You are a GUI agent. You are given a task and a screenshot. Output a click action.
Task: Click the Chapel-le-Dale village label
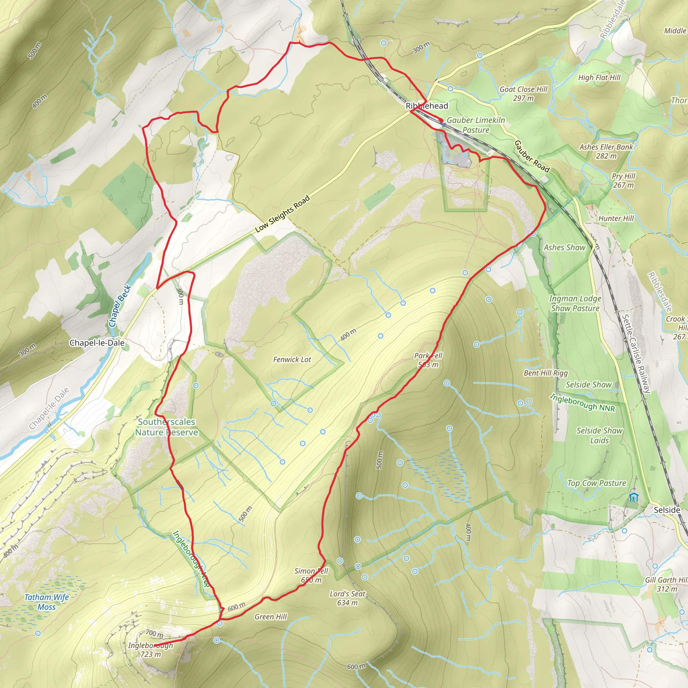click(x=97, y=343)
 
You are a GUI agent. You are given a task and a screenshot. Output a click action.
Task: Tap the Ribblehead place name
click(x=427, y=106)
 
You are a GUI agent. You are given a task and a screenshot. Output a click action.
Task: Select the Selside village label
click(x=666, y=510)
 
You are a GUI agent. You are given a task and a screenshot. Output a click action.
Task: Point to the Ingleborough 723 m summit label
click(x=150, y=650)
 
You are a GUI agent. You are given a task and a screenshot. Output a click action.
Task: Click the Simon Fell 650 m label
click(x=311, y=575)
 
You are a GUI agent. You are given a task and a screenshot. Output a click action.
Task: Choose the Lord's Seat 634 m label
click(x=347, y=598)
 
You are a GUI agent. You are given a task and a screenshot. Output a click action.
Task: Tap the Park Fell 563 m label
click(x=428, y=360)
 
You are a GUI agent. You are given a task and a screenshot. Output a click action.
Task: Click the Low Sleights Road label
click(x=283, y=214)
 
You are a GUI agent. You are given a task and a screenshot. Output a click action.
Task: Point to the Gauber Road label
click(x=532, y=156)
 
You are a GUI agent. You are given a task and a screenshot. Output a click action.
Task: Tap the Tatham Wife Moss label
click(x=47, y=602)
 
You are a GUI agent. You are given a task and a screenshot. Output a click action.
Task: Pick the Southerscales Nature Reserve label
click(x=167, y=427)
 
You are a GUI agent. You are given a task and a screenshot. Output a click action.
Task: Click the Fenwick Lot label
click(x=292, y=360)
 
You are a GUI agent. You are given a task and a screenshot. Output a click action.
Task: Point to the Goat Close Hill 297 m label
click(x=523, y=94)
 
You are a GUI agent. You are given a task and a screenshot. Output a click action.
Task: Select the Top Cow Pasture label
click(x=597, y=483)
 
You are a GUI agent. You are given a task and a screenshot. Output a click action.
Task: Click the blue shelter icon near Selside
click(x=633, y=498)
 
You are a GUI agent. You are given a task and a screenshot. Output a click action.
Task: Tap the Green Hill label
click(x=270, y=617)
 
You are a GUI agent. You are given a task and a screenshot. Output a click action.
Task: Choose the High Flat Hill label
click(x=599, y=78)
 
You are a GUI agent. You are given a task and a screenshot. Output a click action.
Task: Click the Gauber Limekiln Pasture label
click(x=476, y=125)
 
